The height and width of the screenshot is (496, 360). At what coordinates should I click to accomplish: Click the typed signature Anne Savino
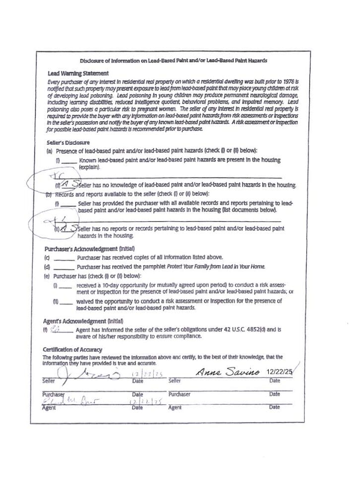[226, 371]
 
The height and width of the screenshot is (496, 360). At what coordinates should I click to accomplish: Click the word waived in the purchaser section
[88, 301]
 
